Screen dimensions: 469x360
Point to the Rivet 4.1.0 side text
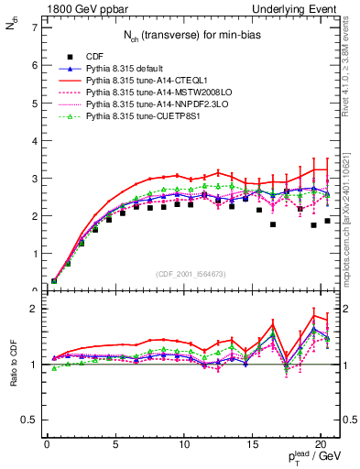[352, 64]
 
